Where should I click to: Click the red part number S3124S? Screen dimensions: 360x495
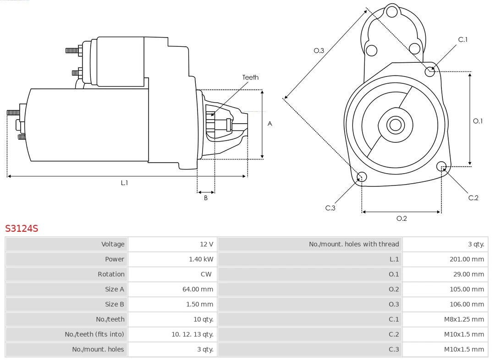pyautogui.click(x=22, y=228)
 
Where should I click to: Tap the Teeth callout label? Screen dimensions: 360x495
pyautogui.click(x=250, y=77)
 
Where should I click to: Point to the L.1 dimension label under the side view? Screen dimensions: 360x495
pyautogui.click(x=124, y=183)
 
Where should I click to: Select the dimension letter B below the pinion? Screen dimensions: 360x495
pyautogui.click(x=206, y=198)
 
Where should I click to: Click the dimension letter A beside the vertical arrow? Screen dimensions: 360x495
pyautogui.click(x=270, y=124)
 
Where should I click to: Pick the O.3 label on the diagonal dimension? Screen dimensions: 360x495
pyautogui.click(x=319, y=50)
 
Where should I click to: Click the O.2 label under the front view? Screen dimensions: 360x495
pyautogui.click(x=401, y=218)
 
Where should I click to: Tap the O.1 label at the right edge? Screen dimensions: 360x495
pyautogui.click(x=478, y=121)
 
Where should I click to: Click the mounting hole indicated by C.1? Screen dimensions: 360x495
pyautogui.click(x=430, y=71)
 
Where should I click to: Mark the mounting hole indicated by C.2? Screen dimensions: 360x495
pyautogui.click(x=441, y=166)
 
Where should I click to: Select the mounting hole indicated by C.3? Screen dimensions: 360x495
pyautogui.click(x=362, y=177)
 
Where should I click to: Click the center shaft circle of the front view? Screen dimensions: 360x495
pyautogui.click(x=395, y=125)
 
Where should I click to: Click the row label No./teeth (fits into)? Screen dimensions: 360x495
pyautogui.click(x=94, y=334)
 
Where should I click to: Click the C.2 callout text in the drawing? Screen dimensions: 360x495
pyautogui.click(x=473, y=198)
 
